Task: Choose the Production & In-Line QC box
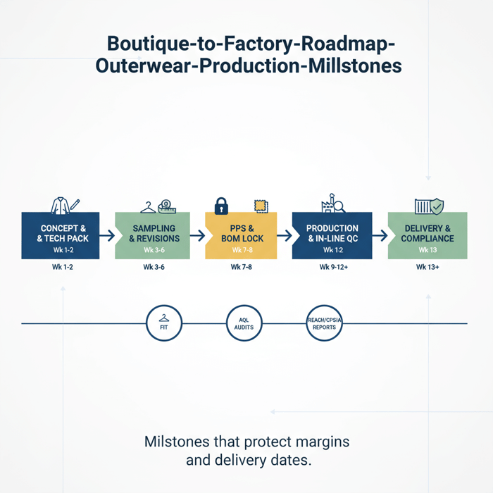(x=332, y=235)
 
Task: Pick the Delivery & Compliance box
(x=428, y=235)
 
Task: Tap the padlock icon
(x=221, y=205)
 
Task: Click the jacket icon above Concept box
(x=60, y=205)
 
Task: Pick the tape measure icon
(x=167, y=205)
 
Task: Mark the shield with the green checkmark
(x=437, y=206)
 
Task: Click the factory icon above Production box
(x=330, y=204)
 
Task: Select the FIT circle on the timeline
(x=164, y=324)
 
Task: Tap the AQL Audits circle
(x=244, y=324)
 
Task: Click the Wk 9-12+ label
(x=334, y=268)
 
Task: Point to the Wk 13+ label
(x=428, y=268)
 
